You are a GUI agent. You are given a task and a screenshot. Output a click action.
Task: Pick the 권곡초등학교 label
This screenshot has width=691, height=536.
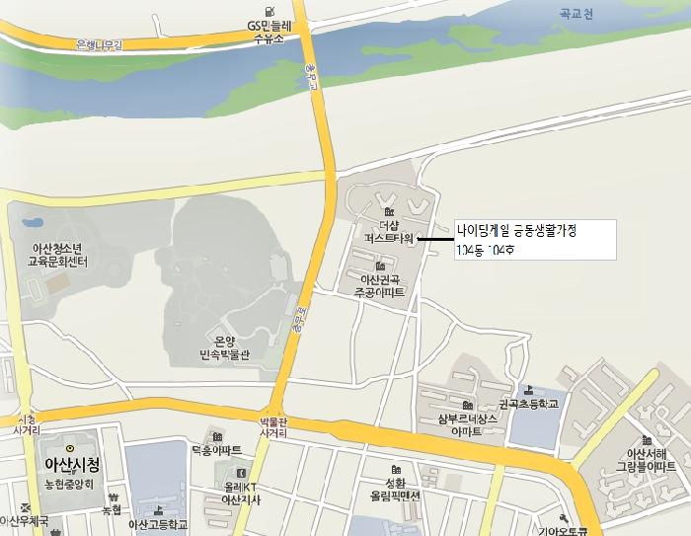[x=528, y=404]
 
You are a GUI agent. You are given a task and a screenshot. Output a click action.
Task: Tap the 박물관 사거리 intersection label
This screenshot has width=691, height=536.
[x=273, y=425]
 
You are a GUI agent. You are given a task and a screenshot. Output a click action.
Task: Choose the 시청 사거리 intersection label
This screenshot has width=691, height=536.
[x=27, y=424]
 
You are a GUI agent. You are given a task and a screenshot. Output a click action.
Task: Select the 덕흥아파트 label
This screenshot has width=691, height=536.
[x=216, y=450]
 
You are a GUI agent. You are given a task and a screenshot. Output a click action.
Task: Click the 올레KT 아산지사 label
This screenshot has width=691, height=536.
[x=240, y=495]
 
